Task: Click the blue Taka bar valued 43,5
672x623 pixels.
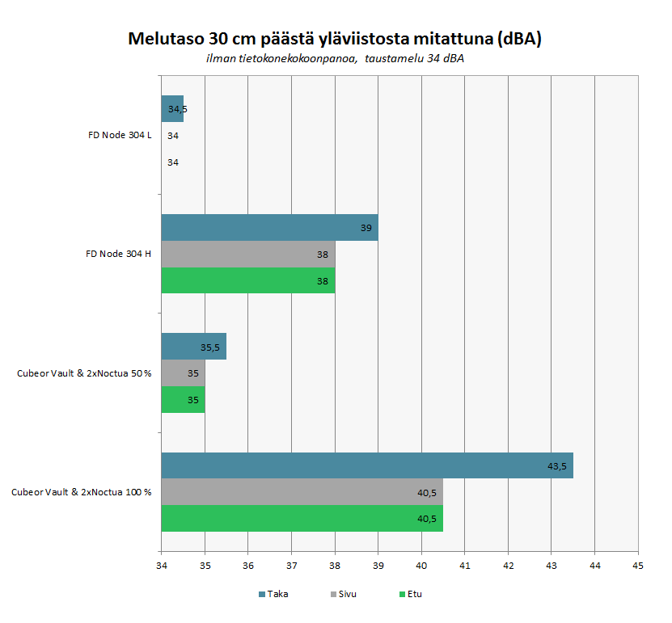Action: click(366, 465)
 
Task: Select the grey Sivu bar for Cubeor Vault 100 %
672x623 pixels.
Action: click(302, 492)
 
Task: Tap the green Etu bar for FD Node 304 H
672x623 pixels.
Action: click(247, 280)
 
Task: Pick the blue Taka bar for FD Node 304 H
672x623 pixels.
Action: click(269, 228)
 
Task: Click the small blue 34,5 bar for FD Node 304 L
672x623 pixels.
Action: click(172, 108)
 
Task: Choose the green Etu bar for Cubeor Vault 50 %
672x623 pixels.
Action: click(183, 399)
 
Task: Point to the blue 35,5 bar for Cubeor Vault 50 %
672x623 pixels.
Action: click(193, 347)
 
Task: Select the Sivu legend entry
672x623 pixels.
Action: click(347, 594)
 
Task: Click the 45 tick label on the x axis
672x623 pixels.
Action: click(637, 566)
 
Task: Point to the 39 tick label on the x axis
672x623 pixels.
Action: click(378, 566)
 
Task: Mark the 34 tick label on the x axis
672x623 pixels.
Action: click(161, 566)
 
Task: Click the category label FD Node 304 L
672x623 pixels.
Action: click(120, 135)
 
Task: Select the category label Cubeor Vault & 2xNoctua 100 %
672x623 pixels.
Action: click(82, 491)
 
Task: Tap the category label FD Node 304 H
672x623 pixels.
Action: click(119, 254)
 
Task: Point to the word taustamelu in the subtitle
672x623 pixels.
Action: click(395, 58)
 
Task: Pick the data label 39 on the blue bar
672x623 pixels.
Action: click(366, 228)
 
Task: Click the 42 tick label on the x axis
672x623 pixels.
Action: click(508, 566)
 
